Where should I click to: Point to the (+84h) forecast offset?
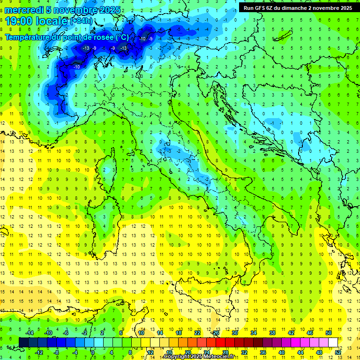(81, 22)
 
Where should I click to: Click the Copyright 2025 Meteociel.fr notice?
(199, 357)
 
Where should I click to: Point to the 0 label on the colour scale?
(93, 352)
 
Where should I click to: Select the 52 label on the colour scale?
(338, 352)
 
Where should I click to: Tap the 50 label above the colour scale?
(329, 333)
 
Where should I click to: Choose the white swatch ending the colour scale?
(333, 343)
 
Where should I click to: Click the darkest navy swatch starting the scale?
(24, 343)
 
